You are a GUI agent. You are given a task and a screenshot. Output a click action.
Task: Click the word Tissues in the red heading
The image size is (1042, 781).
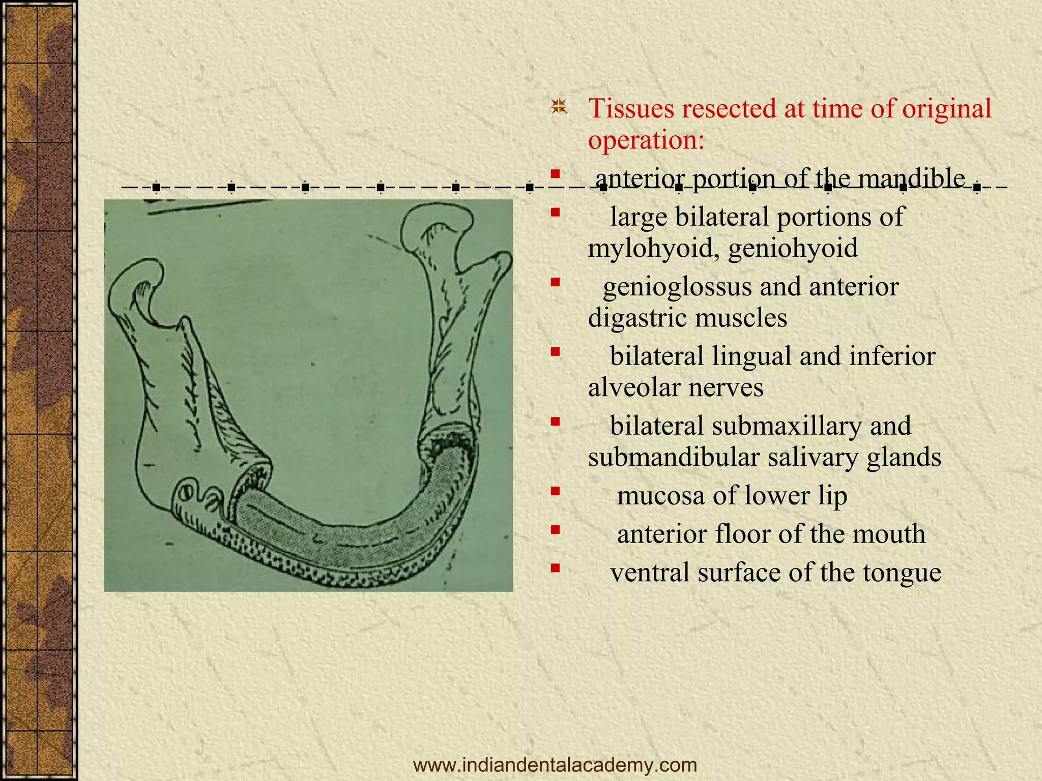tap(630, 108)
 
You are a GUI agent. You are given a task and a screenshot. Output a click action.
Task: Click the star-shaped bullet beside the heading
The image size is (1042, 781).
tap(559, 107)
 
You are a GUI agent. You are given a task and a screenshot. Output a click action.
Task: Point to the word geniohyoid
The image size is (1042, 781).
tap(793, 249)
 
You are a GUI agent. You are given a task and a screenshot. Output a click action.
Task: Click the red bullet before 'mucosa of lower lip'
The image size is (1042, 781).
tap(555, 491)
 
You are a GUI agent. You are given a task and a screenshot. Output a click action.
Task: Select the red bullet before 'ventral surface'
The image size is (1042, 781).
tap(555, 567)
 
